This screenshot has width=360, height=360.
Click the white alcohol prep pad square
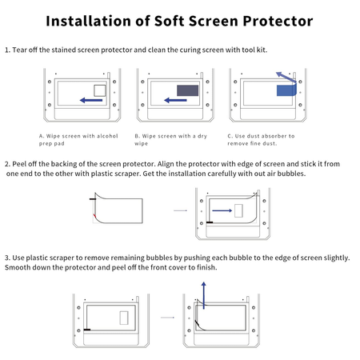(101, 89)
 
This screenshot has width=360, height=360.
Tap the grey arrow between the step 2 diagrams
(180, 210)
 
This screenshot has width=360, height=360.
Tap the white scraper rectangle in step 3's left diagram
(123, 318)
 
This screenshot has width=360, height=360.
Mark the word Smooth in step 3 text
(18, 267)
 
